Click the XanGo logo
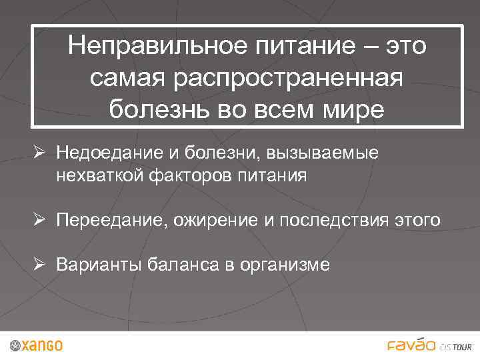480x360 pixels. pyautogui.click(x=37, y=345)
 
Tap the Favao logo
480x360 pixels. pyautogui.click(x=411, y=345)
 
